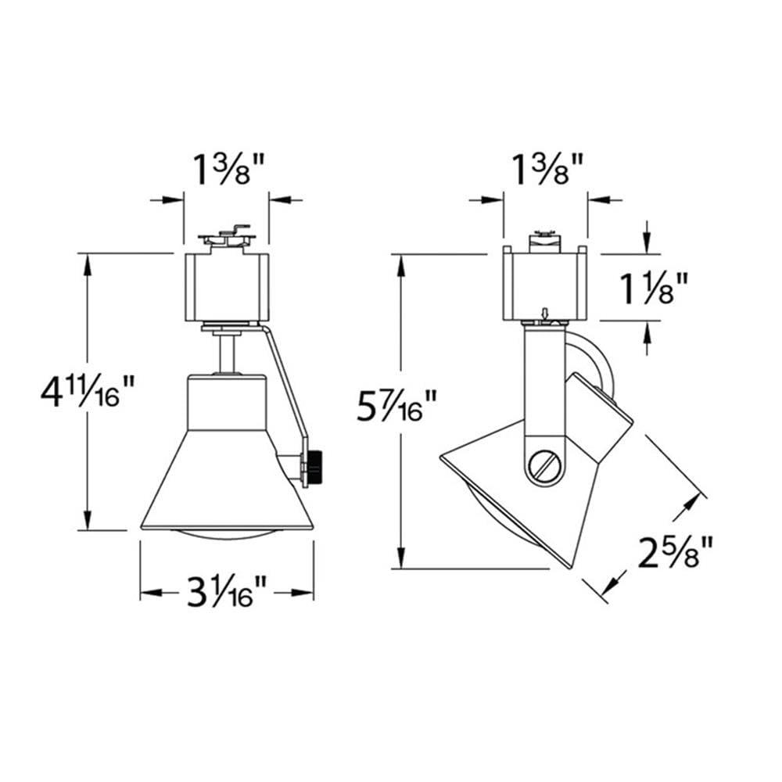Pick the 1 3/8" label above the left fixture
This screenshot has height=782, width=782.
click(x=227, y=168)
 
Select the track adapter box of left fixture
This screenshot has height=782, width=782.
click(x=227, y=287)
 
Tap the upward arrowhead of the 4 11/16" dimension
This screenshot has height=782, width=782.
click(x=87, y=263)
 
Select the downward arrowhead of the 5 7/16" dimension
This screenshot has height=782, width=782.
click(x=404, y=559)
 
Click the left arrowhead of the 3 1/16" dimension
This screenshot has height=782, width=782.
click(x=149, y=594)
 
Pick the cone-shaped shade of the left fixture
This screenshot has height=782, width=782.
click(x=227, y=477)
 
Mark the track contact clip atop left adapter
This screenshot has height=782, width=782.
click(x=227, y=236)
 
